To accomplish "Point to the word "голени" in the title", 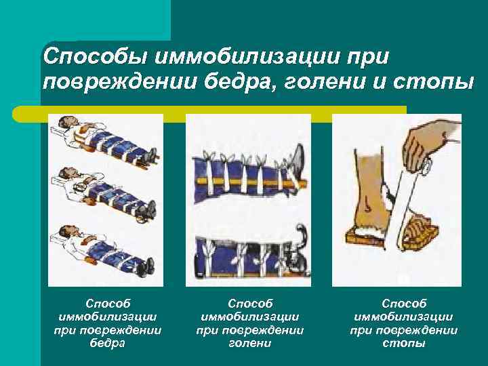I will click(x=321, y=83).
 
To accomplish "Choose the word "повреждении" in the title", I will click(x=115, y=83).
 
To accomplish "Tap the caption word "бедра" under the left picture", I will click(x=107, y=343).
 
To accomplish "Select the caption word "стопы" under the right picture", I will click(x=403, y=343).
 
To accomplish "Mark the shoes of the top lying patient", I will click(x=150, y=155).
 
